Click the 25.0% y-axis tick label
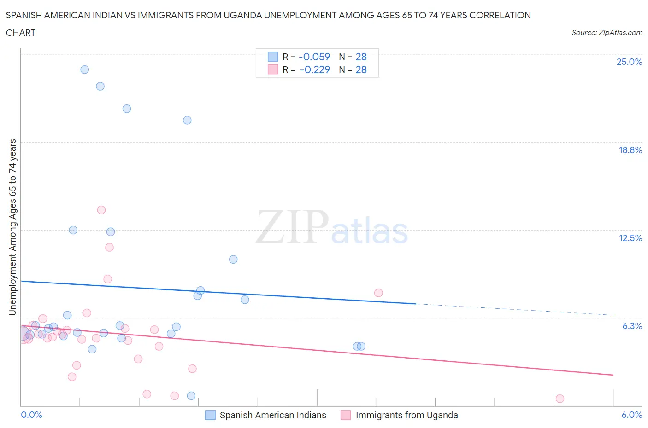(x=629, y=62)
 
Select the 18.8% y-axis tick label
(x=630, y=150)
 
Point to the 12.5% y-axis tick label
(x=630, y=238)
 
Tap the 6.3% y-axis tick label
(x=632, y=326)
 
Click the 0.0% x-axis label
(x=31, y=415)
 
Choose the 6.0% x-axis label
(x=631, y=415)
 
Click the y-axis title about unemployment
(x=13, y=227)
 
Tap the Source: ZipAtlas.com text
(x=607, y=33)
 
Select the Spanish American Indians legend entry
(x=272, y=415)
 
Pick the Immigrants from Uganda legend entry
(x=406, y=415)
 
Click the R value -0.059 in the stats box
(x=314, y=57)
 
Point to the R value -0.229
(x=315, y=69)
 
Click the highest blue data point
(x=85, y=69)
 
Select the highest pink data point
(x=101, y=210)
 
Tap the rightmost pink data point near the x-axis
(x=560, y=399)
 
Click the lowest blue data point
(x=191, y=396)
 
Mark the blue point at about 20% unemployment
(x=187, y=120)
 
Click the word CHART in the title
(x=21, y=33)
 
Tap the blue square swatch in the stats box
(x=273, y=57)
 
